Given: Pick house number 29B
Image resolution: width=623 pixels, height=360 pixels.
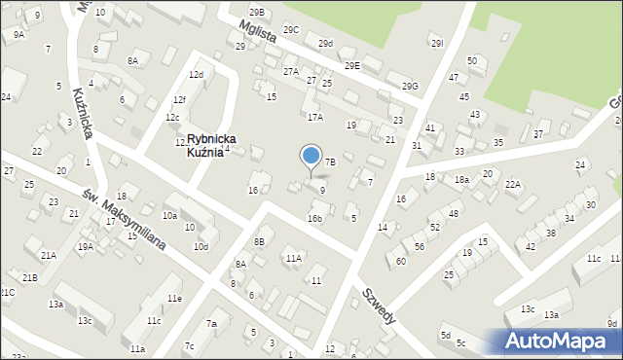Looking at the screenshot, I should [x=256, y=12].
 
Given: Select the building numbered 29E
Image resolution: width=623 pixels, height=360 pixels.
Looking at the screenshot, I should [x=351, y=65].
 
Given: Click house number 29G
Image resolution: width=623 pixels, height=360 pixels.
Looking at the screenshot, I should [x=410, y=87].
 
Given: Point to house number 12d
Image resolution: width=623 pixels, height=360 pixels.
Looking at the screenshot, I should [x=196, y=74].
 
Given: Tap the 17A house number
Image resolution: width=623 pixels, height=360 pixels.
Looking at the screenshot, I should [x=314, y=117].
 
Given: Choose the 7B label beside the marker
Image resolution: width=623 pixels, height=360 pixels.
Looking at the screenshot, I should [x=330, y=162].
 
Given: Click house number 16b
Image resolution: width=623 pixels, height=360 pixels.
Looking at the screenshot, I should [x=314, y=218].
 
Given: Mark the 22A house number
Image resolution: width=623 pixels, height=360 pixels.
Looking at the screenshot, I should [x=513, y=184].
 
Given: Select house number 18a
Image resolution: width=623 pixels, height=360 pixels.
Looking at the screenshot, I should [x=461, y=180].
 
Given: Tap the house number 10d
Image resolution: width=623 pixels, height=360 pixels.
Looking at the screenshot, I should [x=201, y=246].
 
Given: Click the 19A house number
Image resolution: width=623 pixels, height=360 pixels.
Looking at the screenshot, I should [x=86, y=247].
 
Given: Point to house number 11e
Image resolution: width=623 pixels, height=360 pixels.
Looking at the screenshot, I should [x=173, y=298].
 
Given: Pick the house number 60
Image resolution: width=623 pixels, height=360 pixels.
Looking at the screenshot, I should [x=400, y=261].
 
